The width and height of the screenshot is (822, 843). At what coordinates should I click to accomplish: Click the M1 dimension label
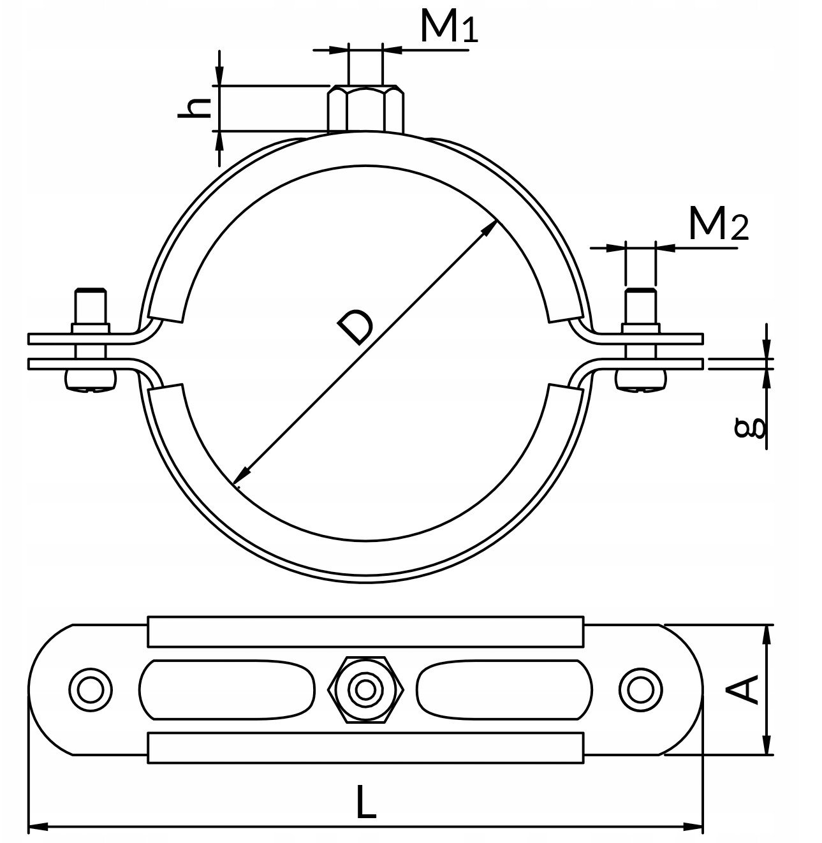(449, 27)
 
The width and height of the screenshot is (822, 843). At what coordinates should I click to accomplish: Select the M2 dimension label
(719, 224)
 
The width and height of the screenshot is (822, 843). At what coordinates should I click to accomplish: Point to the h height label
(194, 108)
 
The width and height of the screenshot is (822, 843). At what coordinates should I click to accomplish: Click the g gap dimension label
(750, 429)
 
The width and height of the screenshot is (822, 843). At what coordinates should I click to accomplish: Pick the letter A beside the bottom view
(744, 689)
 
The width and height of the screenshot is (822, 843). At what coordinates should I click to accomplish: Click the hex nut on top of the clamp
(365, 109)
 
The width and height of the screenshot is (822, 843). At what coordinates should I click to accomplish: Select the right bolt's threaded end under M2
(641, 305)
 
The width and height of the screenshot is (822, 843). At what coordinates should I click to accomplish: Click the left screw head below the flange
(91, 380)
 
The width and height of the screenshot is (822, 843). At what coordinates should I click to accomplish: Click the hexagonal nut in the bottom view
(366, 690)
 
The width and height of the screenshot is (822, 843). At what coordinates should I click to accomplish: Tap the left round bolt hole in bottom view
(91, 690)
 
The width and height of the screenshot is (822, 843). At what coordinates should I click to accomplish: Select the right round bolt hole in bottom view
(641, 690)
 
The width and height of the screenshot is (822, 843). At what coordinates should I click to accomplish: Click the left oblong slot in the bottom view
(227, 690)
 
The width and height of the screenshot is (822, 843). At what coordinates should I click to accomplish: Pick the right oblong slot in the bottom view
(504, 690)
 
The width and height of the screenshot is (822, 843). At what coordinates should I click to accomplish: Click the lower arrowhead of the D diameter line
(241, 475)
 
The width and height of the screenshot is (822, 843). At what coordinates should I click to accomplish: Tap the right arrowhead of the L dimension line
(693, 828)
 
